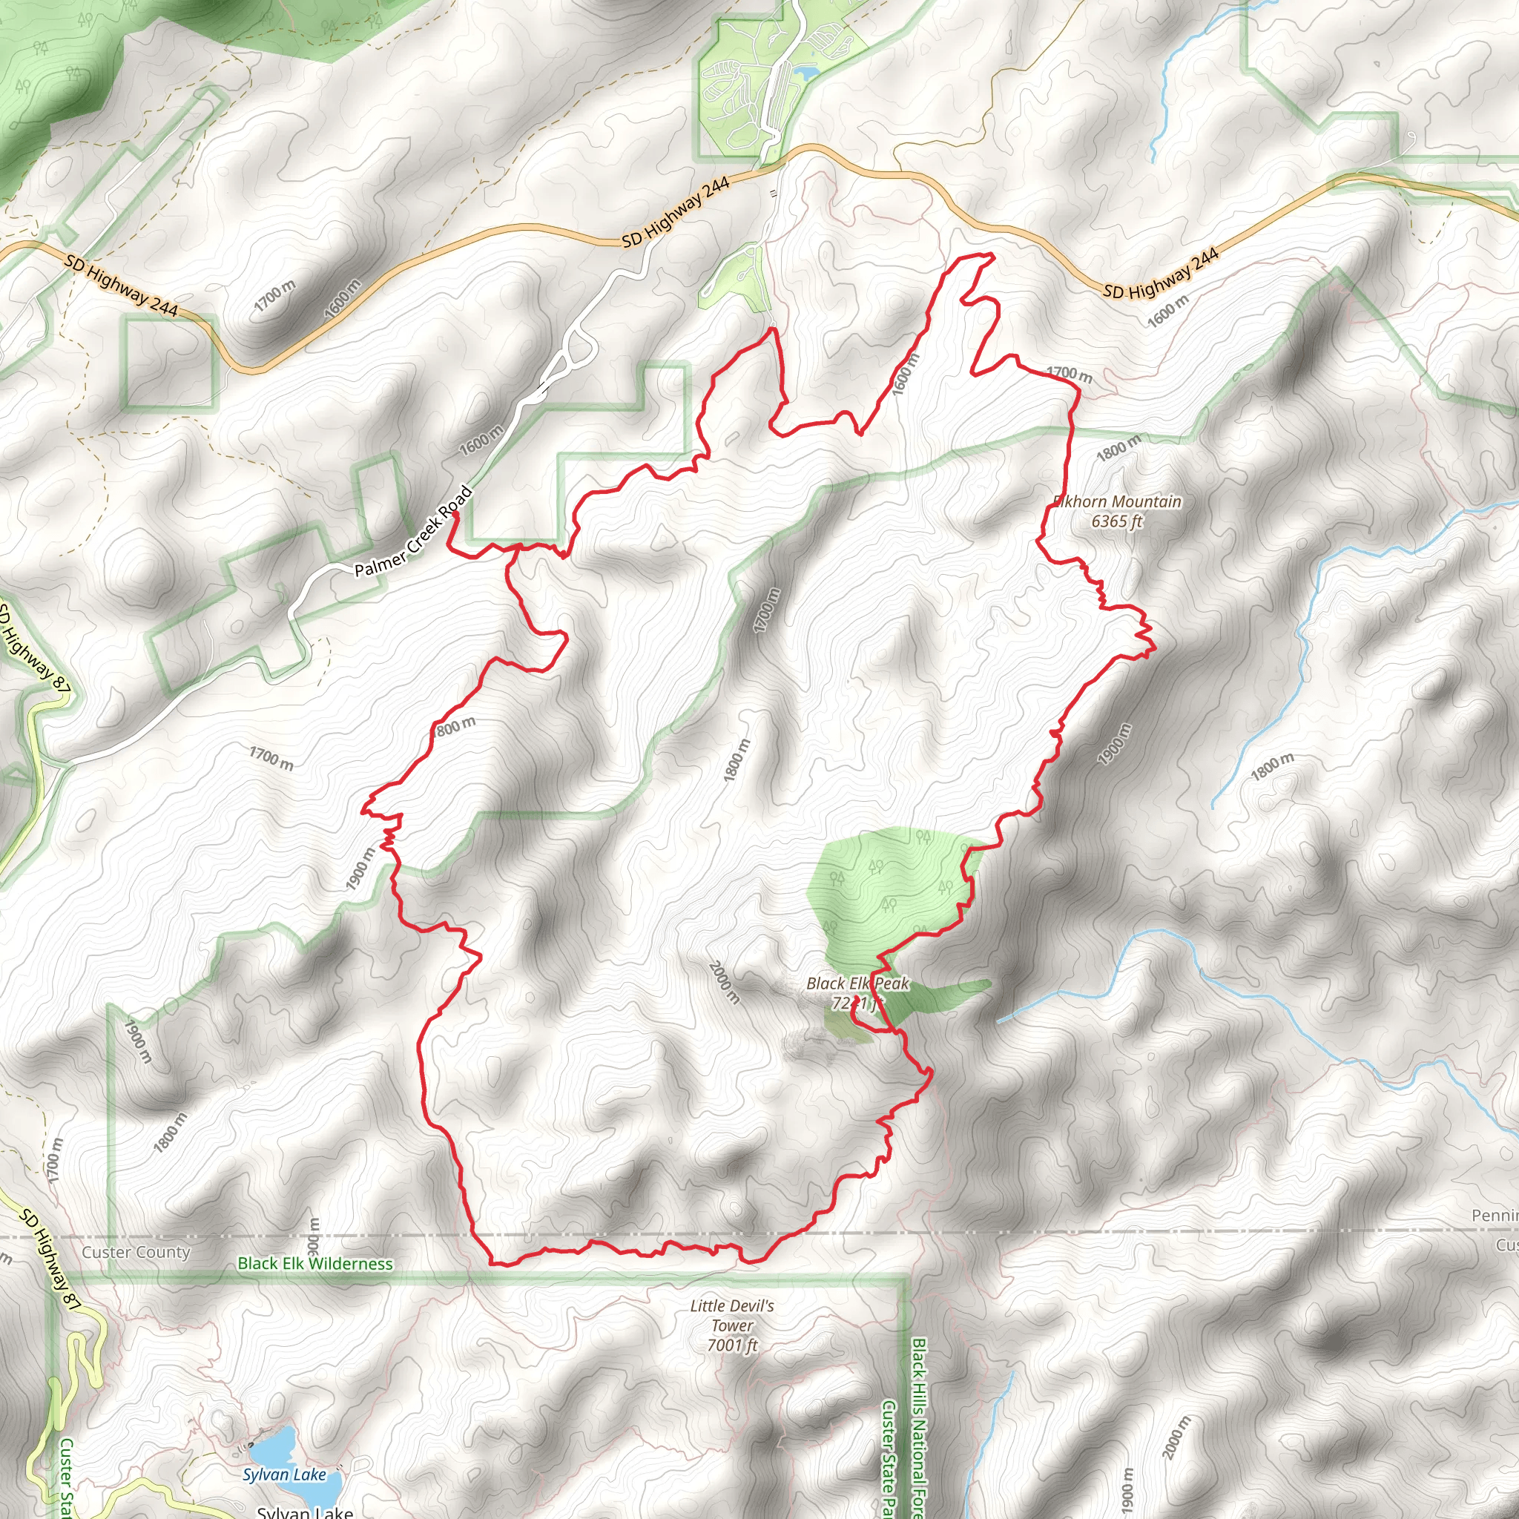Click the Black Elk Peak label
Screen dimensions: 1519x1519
click(857, 983)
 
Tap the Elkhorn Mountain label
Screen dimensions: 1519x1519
click(1117, 501)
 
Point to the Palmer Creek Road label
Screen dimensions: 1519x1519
click(414, 533)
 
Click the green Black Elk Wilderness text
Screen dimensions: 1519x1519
click(314, 1263)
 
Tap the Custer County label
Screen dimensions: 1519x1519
click(136, 1252)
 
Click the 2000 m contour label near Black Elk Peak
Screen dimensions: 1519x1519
click(724, 982)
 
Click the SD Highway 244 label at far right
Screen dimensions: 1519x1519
click(1161, 274)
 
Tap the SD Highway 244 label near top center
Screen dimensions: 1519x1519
click(676, 212)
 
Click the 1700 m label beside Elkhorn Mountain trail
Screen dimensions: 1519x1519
click(1069, 375)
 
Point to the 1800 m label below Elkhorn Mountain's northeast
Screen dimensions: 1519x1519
click(1118, 448)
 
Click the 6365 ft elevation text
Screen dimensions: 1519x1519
click(1116, 521)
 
